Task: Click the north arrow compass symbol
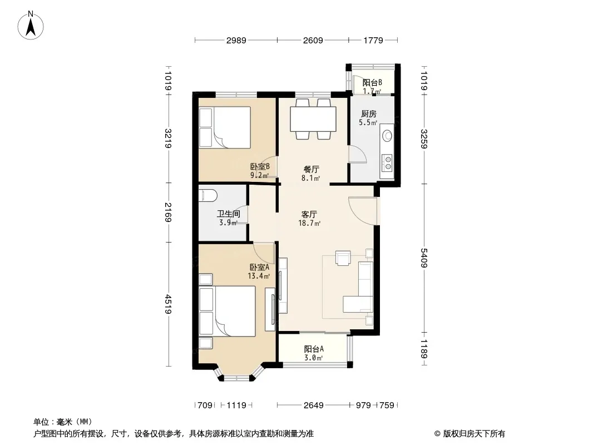click(x=31, y=25)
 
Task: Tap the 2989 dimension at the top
click(x=236, y=40)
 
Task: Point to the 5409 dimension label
click(x=424, y=258)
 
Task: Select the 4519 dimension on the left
click(x=169, y=304)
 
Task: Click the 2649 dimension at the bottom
click(x=314, y=406)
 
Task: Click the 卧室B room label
click(x=260, y=166)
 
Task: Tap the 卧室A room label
click(x=259, y=267)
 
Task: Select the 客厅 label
click(x=309, y=214)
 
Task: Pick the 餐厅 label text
click(x=311, y=170)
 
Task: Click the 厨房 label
click(x=368, y=113)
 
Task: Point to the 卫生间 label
click(x=228, y=214)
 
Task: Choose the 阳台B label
click(x=372, y=82)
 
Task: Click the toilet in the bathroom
click(x=207, y=196)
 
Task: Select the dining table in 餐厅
click(x=313, y=119)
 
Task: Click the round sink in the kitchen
click(x=387, y=135)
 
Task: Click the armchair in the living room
click(x=343, y=258)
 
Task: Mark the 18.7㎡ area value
click(x=309, y=223)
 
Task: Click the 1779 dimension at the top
click(x=373, y=40)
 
